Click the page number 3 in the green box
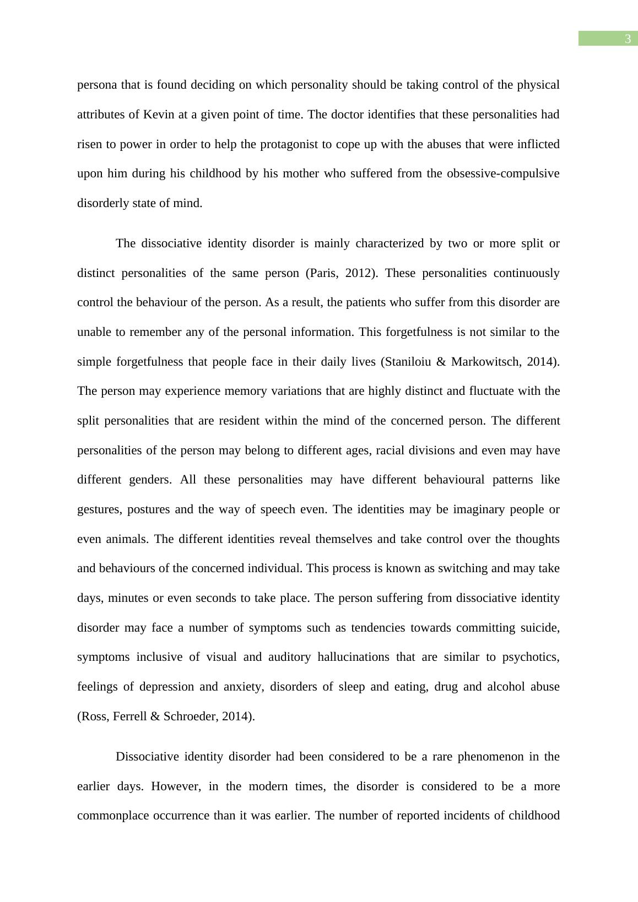tap(627, 39)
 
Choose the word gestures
tap(99, 509)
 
